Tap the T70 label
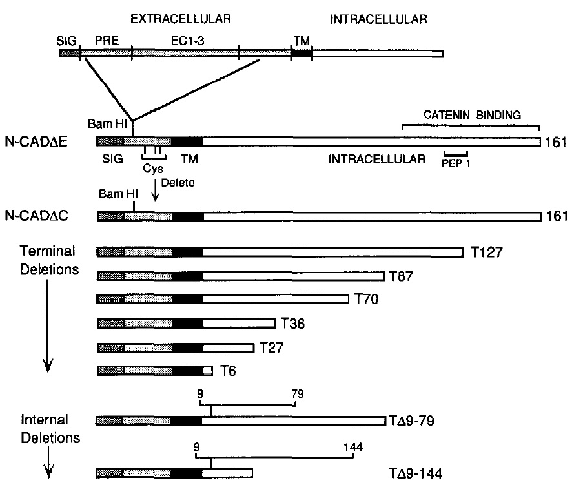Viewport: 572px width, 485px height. click(x=366, y=299)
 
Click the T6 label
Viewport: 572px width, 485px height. click(x=227, y=371)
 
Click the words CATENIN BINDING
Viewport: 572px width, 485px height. click(x=471, y=115)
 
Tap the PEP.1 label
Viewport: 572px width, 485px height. click(x=457, y=164)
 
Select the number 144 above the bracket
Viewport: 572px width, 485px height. click(x=353, y=446)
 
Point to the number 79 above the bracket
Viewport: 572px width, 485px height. click(x=297, y=393)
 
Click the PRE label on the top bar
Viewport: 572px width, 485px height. click(x=104, y=39)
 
